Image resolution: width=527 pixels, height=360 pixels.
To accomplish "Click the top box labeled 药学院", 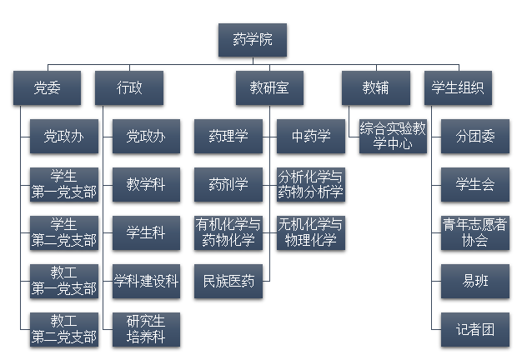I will click(x=252, y=39).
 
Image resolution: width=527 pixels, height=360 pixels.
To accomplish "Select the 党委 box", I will click(x=47, y=87).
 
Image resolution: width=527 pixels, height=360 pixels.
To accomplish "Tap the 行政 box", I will click(x=129, y=87).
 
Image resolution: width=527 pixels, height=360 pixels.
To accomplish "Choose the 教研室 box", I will click(x=269, y=87).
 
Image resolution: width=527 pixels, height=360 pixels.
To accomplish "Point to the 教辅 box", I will click(x=375, y=87).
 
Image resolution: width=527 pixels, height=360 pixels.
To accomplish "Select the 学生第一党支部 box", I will click(x=63, y=184).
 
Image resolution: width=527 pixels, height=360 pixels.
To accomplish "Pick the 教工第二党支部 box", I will click(x=63, y=329).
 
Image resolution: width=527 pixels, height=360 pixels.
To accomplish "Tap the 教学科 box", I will click(x=146, y=184).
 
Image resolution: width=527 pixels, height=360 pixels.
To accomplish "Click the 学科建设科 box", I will click(x=146, y=281).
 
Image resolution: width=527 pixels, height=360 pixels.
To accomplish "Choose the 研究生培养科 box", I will click(x=146, y=329).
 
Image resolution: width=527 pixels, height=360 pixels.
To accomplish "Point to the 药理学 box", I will click(x=228, y=136).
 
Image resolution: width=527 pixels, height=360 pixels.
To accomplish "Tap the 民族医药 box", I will click(x=228, y=281).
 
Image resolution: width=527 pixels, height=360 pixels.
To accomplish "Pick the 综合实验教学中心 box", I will click(x=393, y=136).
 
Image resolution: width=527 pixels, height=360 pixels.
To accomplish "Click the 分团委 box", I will click(x=474, y=136).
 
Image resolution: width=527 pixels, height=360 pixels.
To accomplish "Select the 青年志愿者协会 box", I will click(x=474, y=232).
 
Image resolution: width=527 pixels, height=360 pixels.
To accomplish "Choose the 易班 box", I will click(x=474, y=281).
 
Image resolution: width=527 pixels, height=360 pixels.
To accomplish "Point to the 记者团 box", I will click(x=474, y=329).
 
